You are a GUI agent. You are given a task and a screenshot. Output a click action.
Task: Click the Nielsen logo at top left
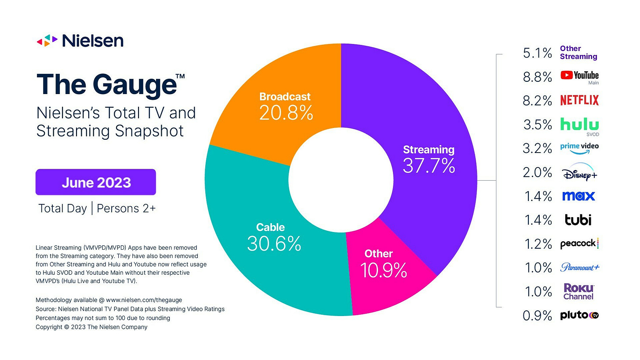point(80,41)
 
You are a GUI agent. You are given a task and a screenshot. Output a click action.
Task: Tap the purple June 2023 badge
point(96,182)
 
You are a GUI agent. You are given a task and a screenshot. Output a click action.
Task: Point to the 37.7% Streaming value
point(429,165)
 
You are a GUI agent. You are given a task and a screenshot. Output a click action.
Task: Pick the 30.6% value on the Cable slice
point(274,244)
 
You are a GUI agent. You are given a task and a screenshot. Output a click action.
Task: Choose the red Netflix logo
point(579,100)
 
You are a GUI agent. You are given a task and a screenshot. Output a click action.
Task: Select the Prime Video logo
point(579,148)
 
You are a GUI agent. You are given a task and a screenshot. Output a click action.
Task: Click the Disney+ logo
point(579,172)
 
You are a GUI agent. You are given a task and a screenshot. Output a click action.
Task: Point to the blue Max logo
point(578,196)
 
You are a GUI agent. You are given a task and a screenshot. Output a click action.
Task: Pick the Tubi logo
point(578,220)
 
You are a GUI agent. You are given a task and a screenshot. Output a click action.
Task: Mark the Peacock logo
point(579,244)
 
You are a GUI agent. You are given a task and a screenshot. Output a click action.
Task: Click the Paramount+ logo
point(580,267)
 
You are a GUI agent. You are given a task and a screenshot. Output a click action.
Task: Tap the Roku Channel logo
point(578,291)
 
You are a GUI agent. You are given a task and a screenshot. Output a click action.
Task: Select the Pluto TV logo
point(579,315)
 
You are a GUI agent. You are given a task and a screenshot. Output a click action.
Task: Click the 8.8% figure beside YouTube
point(538,77)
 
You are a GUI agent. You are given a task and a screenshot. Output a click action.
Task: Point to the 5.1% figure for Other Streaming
point(538,53)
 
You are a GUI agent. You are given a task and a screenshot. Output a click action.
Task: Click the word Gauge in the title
point(135,85)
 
